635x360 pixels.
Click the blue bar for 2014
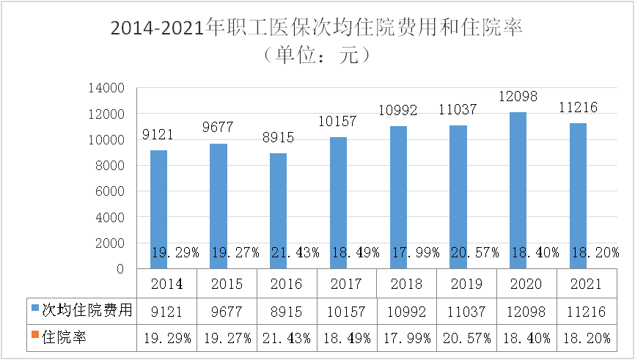[x=158, y=198]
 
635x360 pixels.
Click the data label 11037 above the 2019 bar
[x=458, y=110]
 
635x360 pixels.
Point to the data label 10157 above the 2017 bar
[x=338, y=121]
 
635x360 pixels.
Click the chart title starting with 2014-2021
[x=317, y=29]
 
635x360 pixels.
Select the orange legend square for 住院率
[x=34, y=337]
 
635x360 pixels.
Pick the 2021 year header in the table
[x=587, y=284]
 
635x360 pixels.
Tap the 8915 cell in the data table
[x=286, y=311]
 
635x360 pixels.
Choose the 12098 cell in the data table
[x=526, y=311]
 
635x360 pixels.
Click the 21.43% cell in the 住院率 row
[x=286, y=338]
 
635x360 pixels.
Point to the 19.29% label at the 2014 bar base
[x=175, y=253]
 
